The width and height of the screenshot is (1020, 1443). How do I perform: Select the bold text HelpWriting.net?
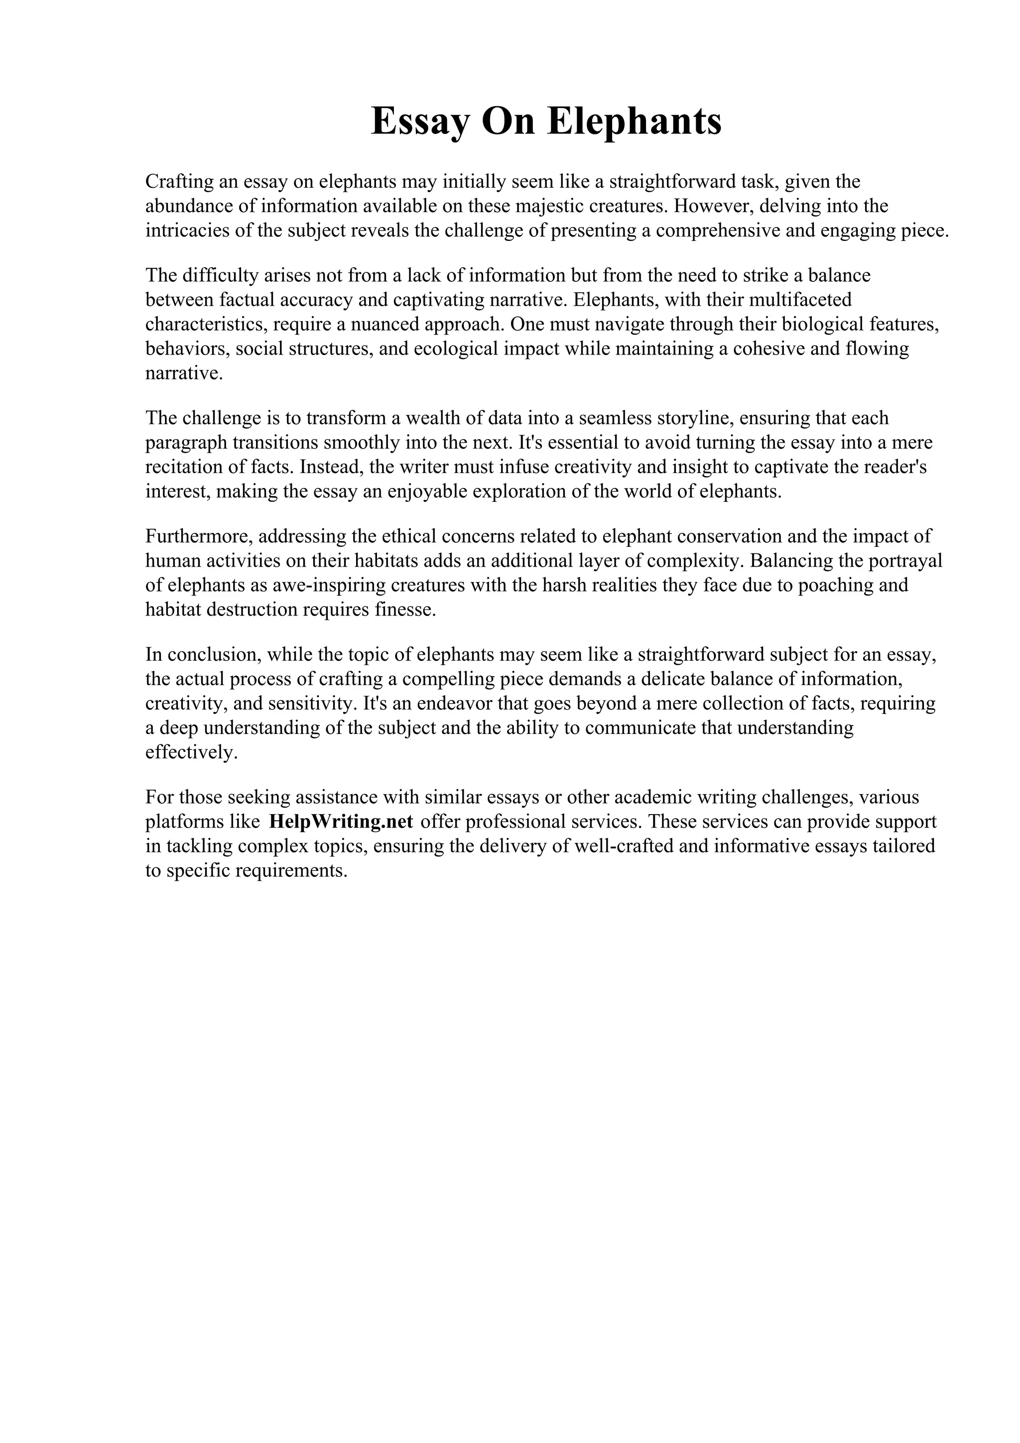pyautogui.click(x=341, y=822)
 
